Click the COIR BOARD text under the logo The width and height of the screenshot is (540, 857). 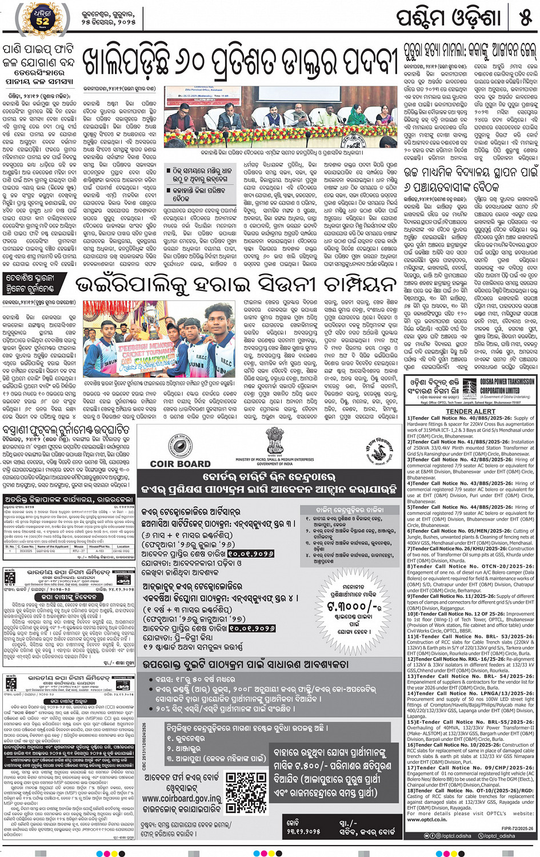[180, 464]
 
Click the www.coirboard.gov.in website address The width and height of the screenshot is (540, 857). [181, 798]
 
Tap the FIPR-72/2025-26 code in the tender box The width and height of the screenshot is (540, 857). [517, 828]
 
